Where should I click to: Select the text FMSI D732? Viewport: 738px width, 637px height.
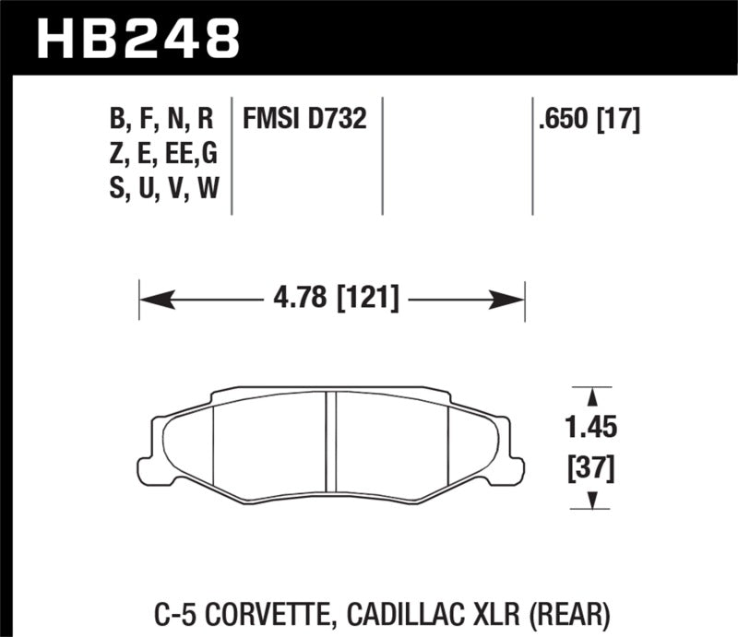[x=305, y=119]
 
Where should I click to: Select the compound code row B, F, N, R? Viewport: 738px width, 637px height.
[x=161, y=119]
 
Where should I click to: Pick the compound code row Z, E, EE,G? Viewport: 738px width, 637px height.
[x=161, y=153]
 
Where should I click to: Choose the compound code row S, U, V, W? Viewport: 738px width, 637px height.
[x=161, y=188]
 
